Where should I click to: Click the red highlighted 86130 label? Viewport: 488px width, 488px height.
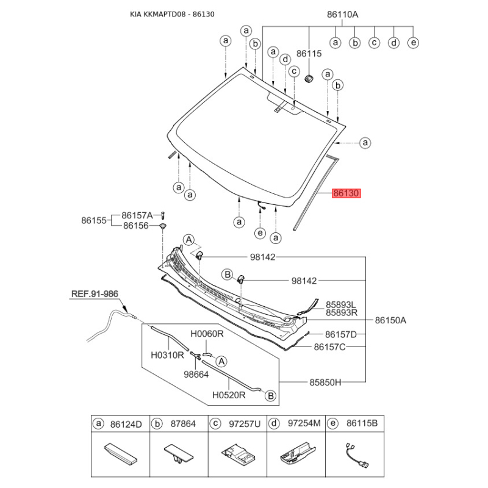346,193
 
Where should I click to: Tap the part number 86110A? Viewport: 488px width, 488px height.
342,14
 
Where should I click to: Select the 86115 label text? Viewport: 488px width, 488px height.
309,54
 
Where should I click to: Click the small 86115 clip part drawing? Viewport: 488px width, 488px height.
309,79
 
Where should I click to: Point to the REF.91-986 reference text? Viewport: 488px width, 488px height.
95,294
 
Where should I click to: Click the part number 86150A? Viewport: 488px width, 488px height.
390,320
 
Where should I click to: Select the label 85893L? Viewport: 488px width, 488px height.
341,304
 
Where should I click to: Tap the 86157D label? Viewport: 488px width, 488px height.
341,334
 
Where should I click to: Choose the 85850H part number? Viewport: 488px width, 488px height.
325,382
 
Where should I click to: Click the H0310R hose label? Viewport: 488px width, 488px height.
167,355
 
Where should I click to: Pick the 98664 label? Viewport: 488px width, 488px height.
196,375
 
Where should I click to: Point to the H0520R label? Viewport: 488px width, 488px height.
229,395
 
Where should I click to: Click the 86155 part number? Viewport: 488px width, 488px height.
94,220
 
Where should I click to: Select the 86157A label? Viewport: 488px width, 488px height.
137,215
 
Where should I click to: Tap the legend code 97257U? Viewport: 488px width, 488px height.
245,424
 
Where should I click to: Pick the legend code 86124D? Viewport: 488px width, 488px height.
126,424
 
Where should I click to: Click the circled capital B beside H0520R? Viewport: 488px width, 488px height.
270,396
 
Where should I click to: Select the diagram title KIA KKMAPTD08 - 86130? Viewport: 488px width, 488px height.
172,14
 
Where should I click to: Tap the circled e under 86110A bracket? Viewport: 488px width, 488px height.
414,42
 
